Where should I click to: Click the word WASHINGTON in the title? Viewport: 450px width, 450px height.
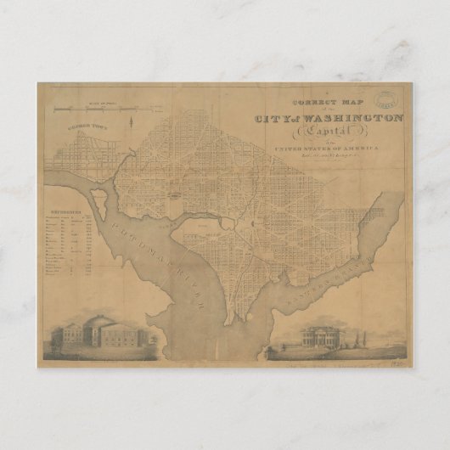tap(360, 119)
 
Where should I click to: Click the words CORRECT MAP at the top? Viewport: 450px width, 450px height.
tap(318, 103)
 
